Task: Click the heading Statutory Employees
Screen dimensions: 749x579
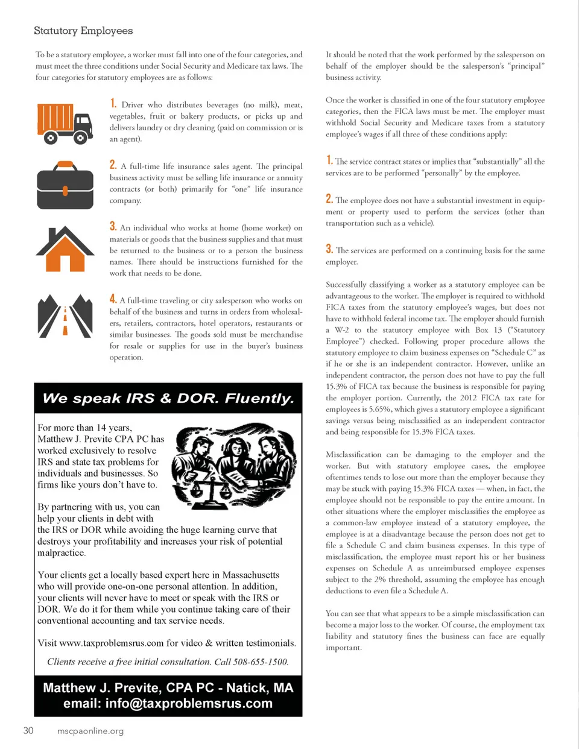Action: [x=83, y=31]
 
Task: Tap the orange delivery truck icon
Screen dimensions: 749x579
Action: [x=65, y=123]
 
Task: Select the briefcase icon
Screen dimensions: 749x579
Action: [x=65, y=184]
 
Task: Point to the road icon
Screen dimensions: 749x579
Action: [x=65, y=315]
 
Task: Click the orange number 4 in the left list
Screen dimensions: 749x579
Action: [x=113, y=299]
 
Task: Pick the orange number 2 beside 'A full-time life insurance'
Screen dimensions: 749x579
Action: [x=113, y=165]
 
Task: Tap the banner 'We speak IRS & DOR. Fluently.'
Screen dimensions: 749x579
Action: [x=168, y=399]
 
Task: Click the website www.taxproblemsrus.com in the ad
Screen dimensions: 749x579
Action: [x=112, y=643]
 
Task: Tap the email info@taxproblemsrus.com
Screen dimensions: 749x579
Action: [x=189, y=704]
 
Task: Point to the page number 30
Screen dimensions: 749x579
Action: [x=28, y=731]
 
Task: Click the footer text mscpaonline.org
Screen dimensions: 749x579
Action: [x=90, y=732]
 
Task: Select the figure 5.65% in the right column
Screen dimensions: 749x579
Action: [x=381, y=409]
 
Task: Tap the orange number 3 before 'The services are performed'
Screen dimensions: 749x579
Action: [x=329, y=249]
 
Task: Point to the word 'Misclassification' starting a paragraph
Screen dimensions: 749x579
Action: [x=353, y=455]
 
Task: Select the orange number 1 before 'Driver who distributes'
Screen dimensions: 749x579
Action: [x=113, y=104]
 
